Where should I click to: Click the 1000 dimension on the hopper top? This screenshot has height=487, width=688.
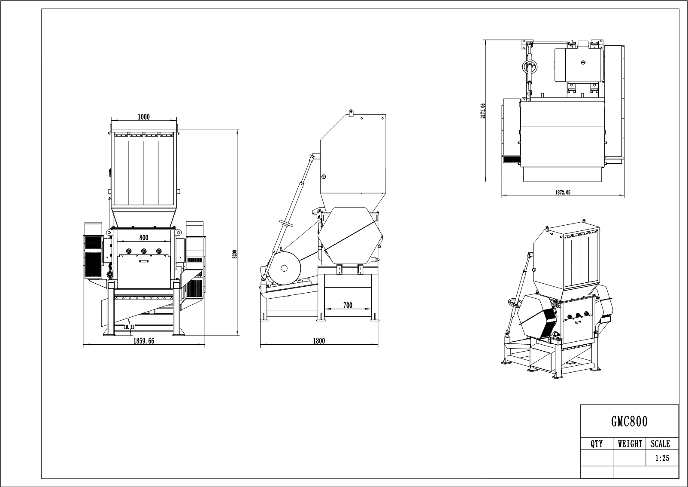point(143,117)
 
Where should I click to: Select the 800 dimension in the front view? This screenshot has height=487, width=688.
point(143,238)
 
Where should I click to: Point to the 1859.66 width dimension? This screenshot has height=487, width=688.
point(143,341)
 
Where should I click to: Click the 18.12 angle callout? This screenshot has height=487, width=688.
point(129,327)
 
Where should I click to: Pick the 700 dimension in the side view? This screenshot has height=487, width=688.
point(348,305)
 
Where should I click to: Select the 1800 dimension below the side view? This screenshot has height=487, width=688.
point(319,341)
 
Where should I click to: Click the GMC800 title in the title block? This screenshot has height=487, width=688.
point(629,422)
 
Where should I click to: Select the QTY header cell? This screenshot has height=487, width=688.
point(597,444)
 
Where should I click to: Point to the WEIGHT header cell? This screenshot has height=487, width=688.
point(630,444)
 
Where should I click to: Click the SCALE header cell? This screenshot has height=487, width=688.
point(660,444)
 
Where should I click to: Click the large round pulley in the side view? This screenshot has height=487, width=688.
point(284,268)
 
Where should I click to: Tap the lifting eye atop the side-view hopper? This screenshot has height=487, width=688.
point(351,113)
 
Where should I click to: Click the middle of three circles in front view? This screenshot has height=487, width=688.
point(143,251)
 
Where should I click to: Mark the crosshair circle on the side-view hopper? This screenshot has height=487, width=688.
point(324,176)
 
